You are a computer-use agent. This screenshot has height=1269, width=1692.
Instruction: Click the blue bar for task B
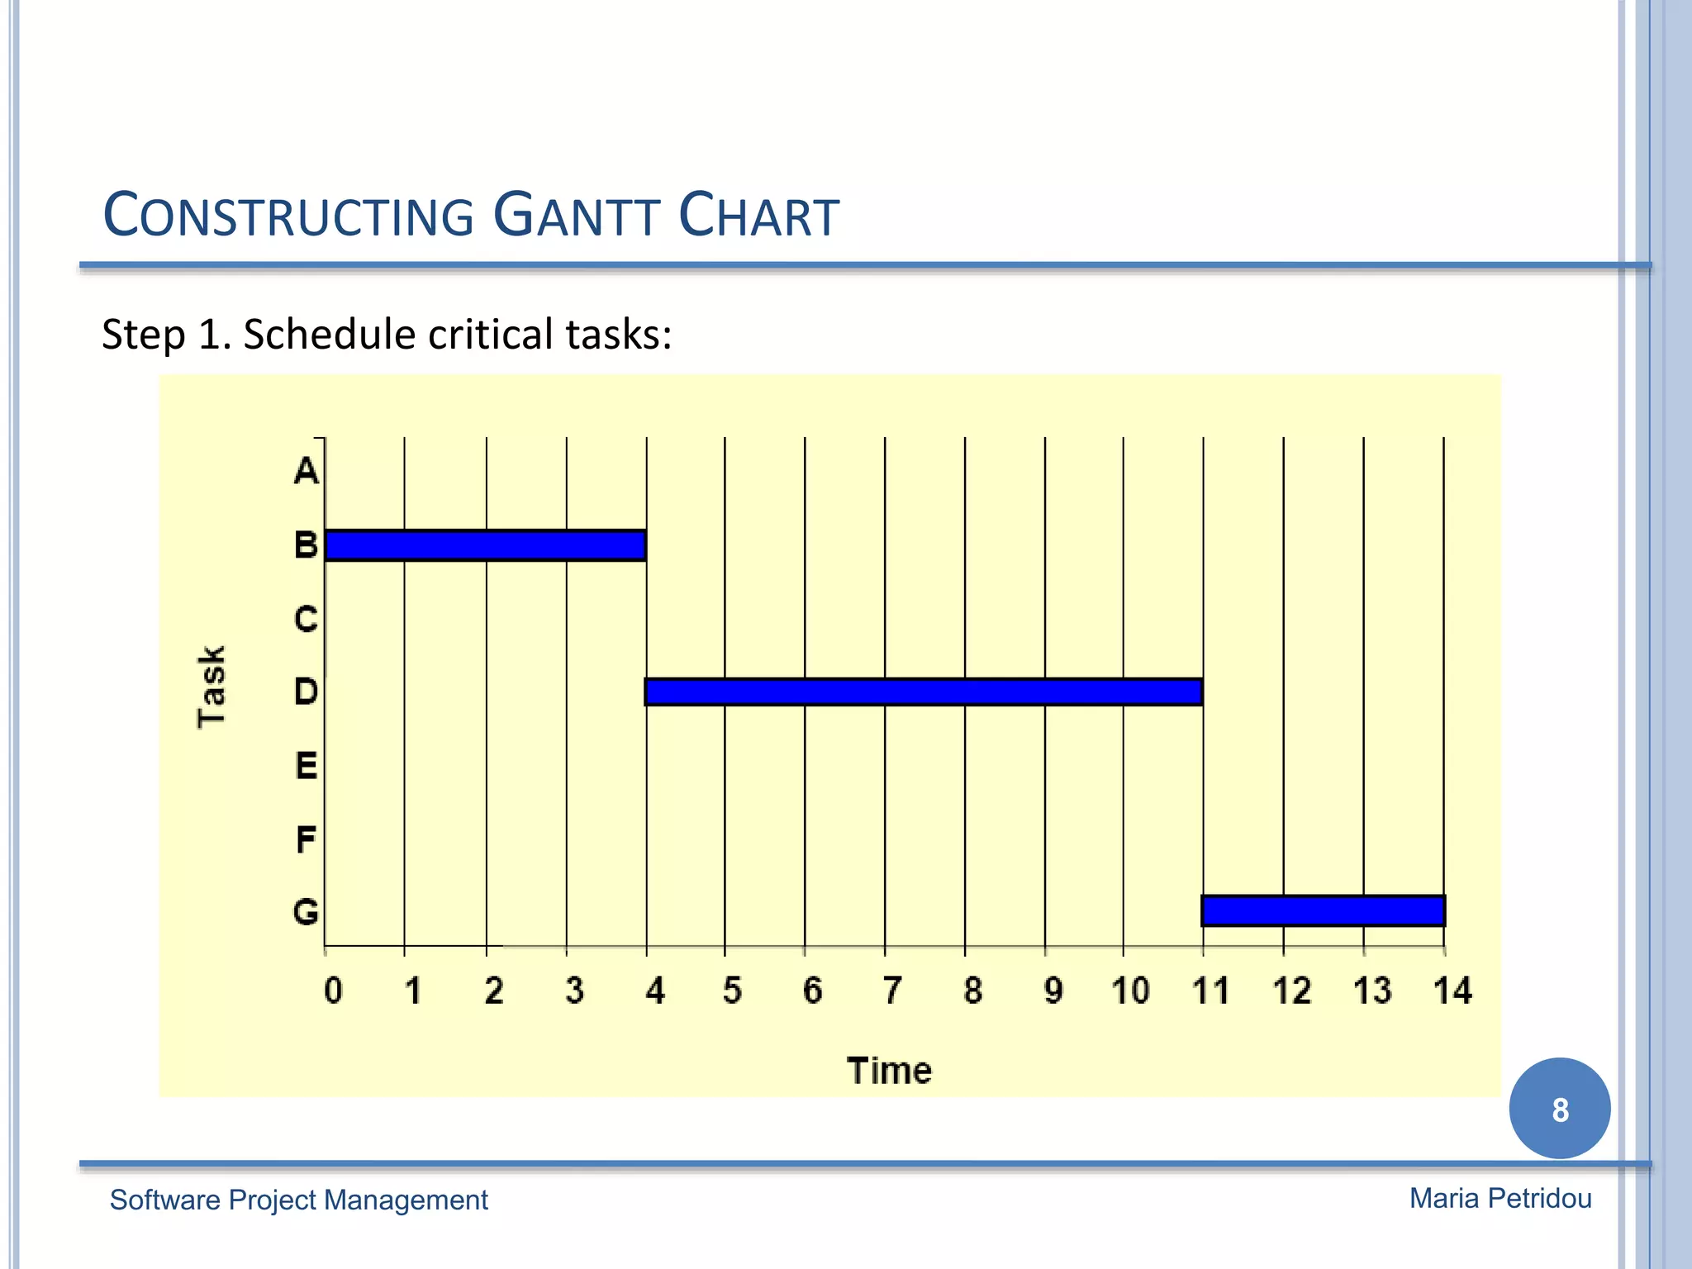pos(485,545)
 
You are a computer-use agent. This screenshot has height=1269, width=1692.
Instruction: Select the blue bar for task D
pos(923,692)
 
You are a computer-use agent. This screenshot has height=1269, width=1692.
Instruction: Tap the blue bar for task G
pos(1323,910)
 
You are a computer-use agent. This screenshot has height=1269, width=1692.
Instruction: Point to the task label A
pos(306,471)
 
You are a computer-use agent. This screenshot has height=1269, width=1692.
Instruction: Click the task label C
pos(306,619)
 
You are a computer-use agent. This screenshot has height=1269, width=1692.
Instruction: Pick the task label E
pos(306,766)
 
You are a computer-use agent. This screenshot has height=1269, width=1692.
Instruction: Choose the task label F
pos(306,840)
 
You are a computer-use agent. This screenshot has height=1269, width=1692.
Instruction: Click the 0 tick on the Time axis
pos(333,990)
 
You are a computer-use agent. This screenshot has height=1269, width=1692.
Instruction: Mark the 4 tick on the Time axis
pos(654,990)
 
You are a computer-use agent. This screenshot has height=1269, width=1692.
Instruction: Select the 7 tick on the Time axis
pos(892,990)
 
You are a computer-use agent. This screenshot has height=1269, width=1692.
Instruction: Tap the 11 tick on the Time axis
pos(1210,990)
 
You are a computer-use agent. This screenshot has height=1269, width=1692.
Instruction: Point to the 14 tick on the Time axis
pos(1452,990)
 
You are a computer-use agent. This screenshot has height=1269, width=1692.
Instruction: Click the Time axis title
pos(889,1071)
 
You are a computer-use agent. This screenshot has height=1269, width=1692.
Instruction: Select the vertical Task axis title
pos(211,687)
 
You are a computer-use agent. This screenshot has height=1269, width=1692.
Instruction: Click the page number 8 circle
pos(1559,1109)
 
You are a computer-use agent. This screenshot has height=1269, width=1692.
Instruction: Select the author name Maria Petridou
pos(1500,1198)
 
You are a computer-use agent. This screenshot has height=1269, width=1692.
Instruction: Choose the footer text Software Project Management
pos(298,1200)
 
